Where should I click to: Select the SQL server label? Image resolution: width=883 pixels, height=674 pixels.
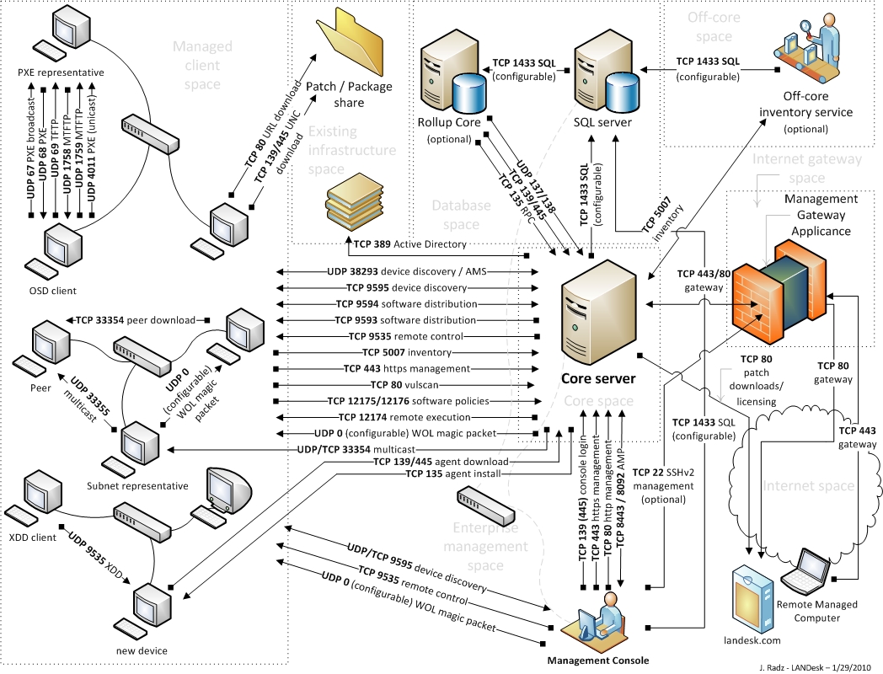(x=602, y=123)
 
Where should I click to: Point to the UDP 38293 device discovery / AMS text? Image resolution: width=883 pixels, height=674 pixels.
(x=407, y=272)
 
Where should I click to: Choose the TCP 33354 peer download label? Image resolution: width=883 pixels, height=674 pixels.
(x=136, y=320)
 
